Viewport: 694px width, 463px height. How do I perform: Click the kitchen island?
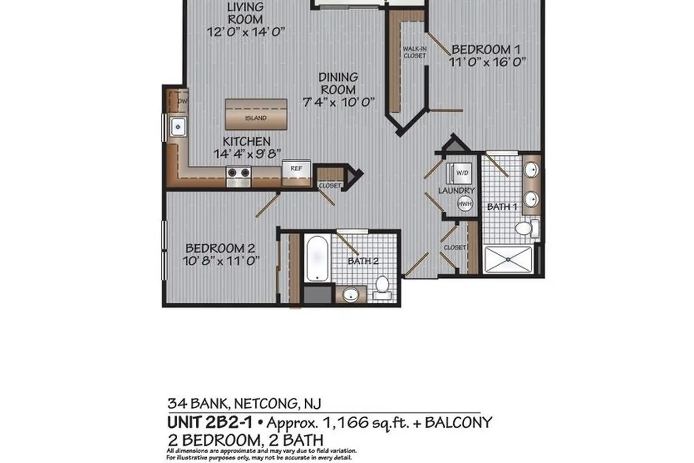pos(256,114)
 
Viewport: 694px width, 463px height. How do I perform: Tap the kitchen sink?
pos(178,127)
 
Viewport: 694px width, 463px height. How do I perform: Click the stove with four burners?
pos(239,177)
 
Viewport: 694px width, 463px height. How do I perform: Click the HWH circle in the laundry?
pos(465,204)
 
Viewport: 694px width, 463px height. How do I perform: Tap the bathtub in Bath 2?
pos(317,259)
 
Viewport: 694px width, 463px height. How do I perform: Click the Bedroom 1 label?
pos(485,50)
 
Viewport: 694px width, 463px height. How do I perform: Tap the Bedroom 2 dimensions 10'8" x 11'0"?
pos(221,260)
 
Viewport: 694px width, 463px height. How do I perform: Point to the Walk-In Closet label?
pos(414,52)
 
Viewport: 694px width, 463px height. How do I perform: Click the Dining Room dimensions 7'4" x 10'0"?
pos(339,102)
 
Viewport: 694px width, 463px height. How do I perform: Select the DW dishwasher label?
pos(182,101)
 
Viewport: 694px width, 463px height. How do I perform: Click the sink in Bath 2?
pos(351,294)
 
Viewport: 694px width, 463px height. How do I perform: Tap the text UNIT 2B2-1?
pos(209,422)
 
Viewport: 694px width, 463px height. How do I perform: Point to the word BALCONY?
pos(458,422)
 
